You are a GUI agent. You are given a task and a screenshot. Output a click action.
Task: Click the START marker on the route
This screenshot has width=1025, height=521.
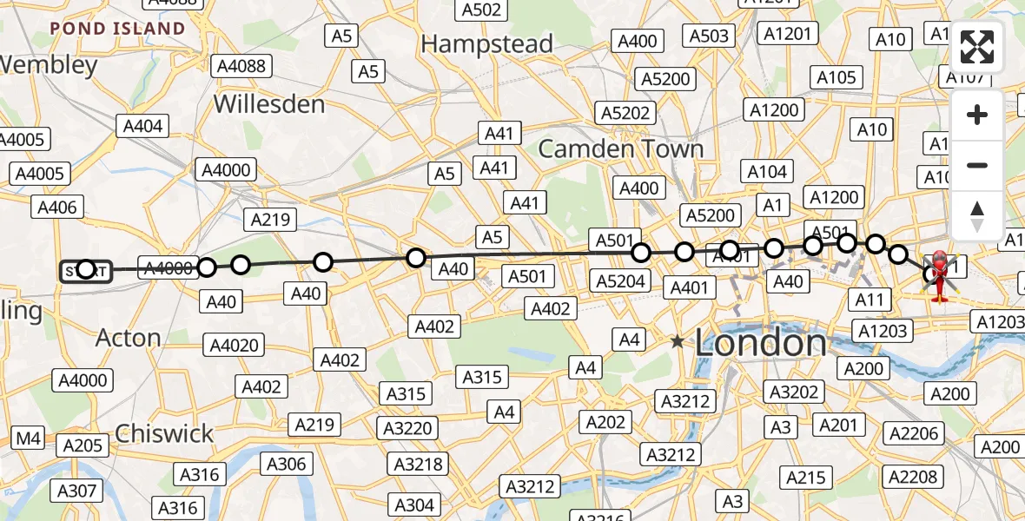click(x=85, y=272)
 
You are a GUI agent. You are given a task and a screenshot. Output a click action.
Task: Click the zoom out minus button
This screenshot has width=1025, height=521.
click(x=977, y=165)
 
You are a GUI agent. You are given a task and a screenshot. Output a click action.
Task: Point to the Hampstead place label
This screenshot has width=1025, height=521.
click(x=487, y=44)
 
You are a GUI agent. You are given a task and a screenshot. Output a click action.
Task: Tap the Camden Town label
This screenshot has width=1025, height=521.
click(x=620, y=148)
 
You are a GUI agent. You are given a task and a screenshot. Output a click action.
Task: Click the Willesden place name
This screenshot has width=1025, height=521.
click(x=269, y=104)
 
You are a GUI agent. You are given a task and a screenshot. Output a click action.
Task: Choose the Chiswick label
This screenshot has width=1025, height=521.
click(x=164, y=432)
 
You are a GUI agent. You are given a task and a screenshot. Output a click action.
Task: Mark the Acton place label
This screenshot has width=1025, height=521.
click(x=129, y=337)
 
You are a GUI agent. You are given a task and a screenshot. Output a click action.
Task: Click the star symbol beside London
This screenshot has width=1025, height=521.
click(x=678, y=342)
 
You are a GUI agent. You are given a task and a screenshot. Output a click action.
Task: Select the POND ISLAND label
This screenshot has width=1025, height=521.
click(x=117, y=29)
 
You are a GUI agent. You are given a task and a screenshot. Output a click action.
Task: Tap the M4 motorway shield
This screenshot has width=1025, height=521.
click(x=28, y=439)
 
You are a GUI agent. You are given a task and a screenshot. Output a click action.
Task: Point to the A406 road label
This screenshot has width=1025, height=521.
click(x=58, y=207)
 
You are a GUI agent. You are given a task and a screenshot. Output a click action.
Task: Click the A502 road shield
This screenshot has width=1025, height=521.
click(x=481, y=10)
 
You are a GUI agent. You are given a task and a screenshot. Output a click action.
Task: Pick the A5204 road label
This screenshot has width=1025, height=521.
click(x=621, y=280)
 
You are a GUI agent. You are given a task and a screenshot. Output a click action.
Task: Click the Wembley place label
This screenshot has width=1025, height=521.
click(x=49, y=65)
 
